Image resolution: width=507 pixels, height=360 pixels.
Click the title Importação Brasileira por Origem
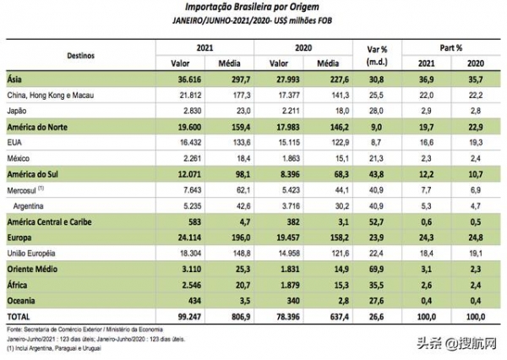click(x=253, y=6)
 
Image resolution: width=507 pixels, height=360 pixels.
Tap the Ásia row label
click(x=18, y=78)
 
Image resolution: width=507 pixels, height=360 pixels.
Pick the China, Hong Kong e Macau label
click(x=52, y=93)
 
